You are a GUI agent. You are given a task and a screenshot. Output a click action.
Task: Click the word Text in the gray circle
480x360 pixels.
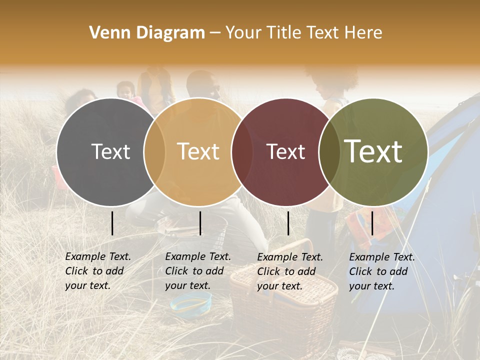(110, 151)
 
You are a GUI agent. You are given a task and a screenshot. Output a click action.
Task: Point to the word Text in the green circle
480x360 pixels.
(373, 151)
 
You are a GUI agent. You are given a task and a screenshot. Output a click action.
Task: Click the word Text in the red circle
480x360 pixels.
(286, 151)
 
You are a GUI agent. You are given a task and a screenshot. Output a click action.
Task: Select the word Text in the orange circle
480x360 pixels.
(198, 151)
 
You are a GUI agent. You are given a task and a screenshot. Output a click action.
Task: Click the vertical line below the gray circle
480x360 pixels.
(112, 223)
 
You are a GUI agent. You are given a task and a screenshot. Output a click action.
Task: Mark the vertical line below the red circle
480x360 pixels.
(288, 223)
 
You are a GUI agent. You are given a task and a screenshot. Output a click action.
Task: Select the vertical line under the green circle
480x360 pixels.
(372, 223)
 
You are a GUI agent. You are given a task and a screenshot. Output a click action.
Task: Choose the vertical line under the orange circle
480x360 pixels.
(200, 223)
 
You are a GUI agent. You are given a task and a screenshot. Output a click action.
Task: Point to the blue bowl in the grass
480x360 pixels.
(190, 303)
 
